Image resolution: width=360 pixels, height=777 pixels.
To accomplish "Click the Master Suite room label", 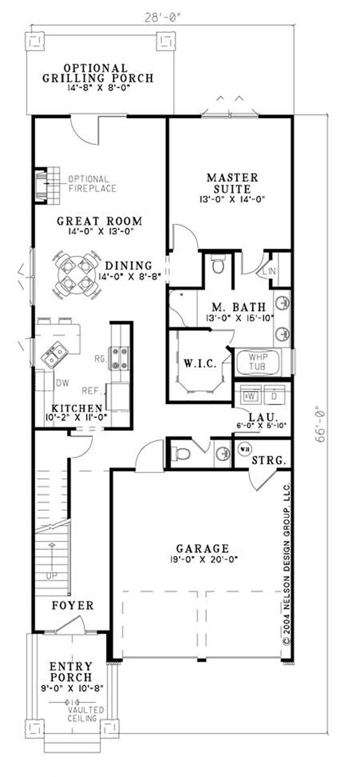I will (x=232, y=183).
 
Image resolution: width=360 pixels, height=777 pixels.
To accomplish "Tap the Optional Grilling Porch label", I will (x=98, y=73).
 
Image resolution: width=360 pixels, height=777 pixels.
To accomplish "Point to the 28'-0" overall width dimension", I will (x=162, y=18).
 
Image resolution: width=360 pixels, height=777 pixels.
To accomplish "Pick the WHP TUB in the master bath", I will (x=258, y=362).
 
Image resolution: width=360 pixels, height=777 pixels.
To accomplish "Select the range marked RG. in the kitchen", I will (x=119, y=358).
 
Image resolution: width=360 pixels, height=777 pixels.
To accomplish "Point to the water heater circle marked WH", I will (x=244, y=449).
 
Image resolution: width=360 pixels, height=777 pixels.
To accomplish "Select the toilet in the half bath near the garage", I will (x=182, y=453).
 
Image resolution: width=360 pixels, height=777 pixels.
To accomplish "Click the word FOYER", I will (x=73, y=605).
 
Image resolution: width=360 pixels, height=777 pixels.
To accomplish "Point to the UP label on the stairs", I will (x=52, y=575).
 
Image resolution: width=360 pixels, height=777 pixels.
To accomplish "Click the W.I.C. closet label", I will (x=201, y=363).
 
